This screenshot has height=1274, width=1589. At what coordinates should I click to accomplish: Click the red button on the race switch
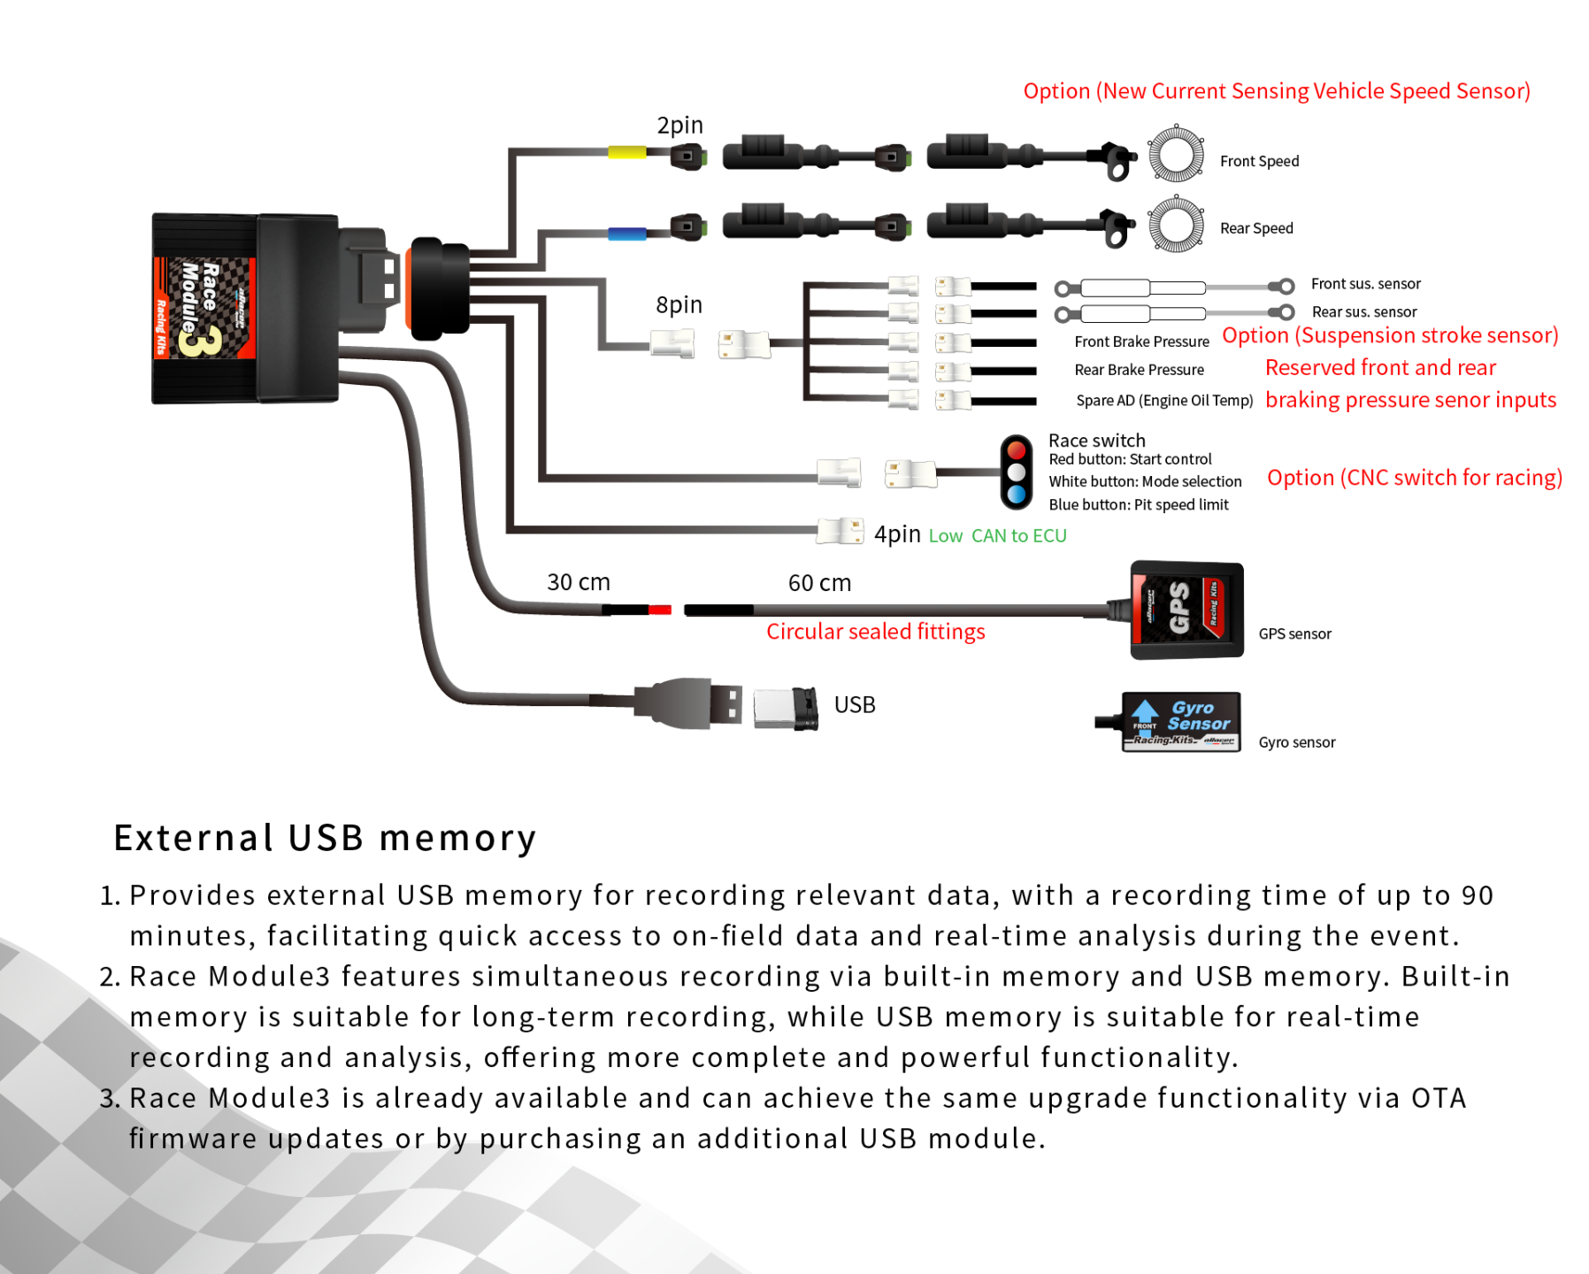tap(1017, 449)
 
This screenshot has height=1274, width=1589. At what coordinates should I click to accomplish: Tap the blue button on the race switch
tap(1017, 495)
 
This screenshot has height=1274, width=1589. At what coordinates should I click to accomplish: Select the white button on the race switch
tap(1017, 472)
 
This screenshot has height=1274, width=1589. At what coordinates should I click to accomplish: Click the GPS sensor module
tap(1186, 610)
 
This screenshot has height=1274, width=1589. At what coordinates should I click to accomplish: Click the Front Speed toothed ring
tap(1176, 154)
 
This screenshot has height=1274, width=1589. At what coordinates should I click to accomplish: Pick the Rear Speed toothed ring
tap(1176, 224)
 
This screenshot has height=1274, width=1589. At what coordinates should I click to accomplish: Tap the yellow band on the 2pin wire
tap(626, 152)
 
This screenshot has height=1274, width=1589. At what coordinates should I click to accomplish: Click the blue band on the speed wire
tap(626, 234)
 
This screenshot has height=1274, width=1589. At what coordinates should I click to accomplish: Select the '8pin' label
tap(679, 305)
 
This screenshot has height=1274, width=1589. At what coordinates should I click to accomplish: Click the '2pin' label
tap(679, 126)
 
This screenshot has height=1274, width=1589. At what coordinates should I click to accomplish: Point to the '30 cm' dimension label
tap(579, 582)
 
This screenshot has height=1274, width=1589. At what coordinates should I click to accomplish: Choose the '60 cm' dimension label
tap(819, 583)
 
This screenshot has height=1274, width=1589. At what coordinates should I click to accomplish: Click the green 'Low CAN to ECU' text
tap(997, 536)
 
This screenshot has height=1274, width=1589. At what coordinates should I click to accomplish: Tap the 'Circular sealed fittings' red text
tap(875, 632)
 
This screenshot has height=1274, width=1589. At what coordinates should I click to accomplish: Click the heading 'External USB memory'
tap(325, 838)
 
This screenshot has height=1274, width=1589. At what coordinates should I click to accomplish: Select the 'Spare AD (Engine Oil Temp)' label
tap(1164, 401)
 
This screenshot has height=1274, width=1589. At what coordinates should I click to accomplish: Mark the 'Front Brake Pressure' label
tap(1141, 342)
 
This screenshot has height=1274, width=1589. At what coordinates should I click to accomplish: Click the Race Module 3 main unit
tap(245, 308)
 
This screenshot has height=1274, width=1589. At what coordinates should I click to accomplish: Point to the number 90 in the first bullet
tap(1477, 895)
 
